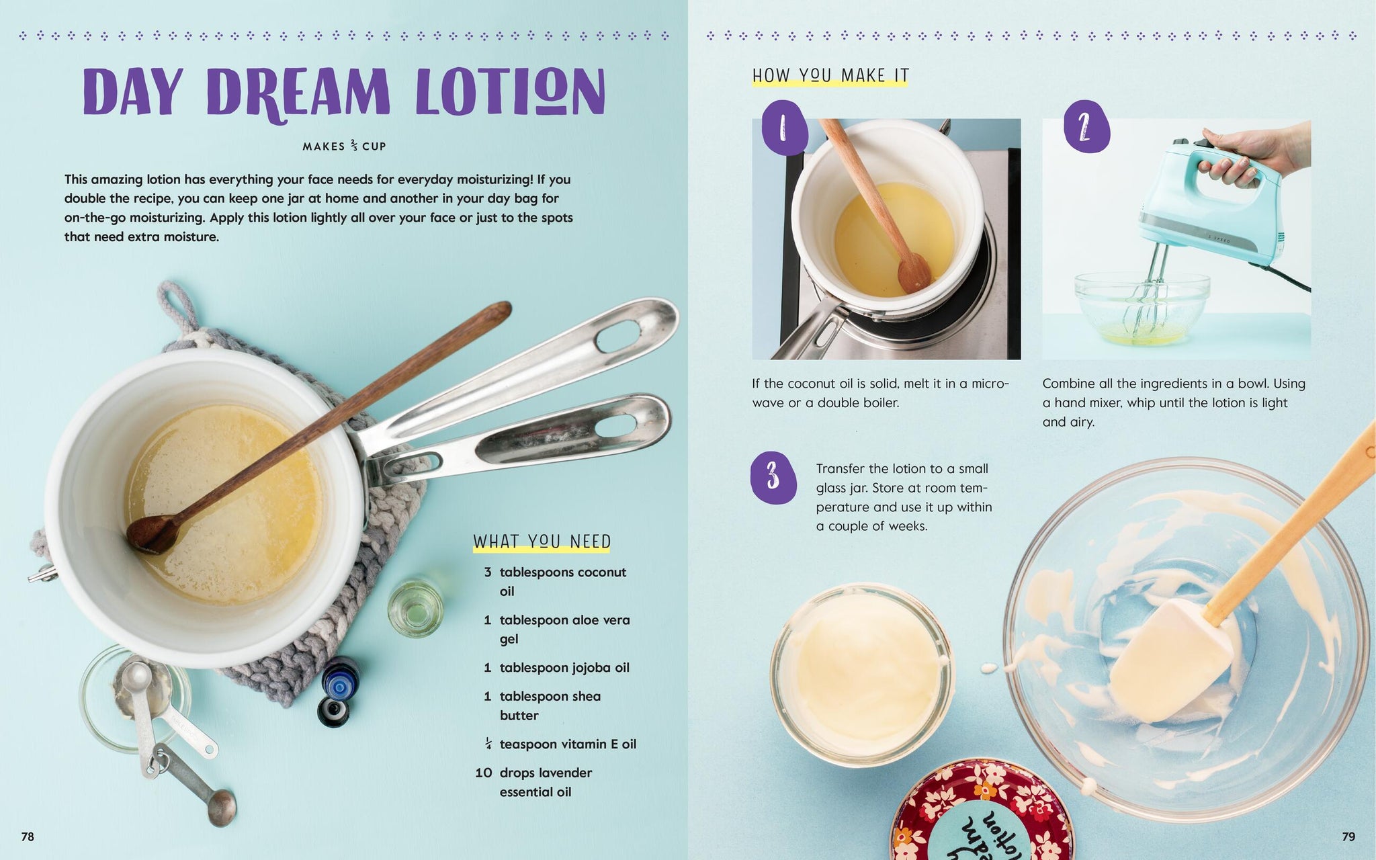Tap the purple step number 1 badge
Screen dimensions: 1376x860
pyautogui.click(x=785, y=128)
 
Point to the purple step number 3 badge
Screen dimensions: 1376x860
pyautogui.click(x=773, y=478)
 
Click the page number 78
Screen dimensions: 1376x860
pyautogui.click(x=28, y=836)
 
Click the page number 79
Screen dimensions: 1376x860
pyautogui.click(x=1348, y=836)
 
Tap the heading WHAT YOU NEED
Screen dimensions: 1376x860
pyautogui.click(x=542, y=542)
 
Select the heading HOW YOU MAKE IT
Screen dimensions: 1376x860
pyautogui.click(x=830, y=75)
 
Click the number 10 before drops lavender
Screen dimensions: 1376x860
pyautogui.click(x=484, y=773)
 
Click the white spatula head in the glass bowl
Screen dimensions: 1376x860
pyautogui.click(x=1169, y=662)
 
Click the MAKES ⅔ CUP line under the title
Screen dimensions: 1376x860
pyautogui.click(x=344, y=146)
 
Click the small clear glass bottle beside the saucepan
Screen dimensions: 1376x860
pyautogui.click(x=416, y=609)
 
